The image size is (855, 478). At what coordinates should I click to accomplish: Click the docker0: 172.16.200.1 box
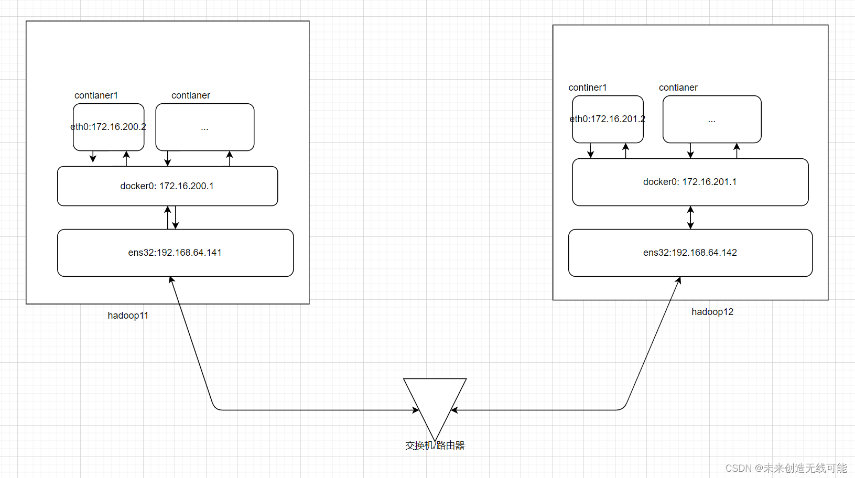[167, 186]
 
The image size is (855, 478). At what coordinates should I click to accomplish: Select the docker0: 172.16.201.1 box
[690, 182]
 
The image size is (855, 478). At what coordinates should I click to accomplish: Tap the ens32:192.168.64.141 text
[175, 253]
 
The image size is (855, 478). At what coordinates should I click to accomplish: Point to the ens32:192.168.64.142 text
[690, 253]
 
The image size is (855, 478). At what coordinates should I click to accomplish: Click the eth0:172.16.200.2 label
[108, 127]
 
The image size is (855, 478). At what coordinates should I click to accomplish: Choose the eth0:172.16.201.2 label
[608, 119]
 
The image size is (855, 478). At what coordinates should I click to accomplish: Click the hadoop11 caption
[128, 316]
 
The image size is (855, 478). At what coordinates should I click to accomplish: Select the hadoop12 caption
[712, 312]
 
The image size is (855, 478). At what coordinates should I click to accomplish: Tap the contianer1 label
[96, 95]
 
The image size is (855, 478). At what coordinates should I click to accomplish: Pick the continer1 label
[588, 88]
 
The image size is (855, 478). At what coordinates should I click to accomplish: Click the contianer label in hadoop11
[190, 95]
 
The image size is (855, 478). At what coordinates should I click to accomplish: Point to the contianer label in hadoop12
[678, 88]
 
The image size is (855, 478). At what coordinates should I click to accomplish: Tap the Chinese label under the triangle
[435, 446]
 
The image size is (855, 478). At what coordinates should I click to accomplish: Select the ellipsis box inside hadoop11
[204, 127]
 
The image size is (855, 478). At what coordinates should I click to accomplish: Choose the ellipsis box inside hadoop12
[711, 119]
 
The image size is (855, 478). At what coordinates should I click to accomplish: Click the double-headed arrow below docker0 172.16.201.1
[690, 218]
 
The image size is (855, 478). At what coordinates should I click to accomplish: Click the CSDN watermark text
[786, 468]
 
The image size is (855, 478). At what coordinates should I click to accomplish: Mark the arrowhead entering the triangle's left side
[416, 410]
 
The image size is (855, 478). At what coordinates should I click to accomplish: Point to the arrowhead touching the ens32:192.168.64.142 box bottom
[678, 280]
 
